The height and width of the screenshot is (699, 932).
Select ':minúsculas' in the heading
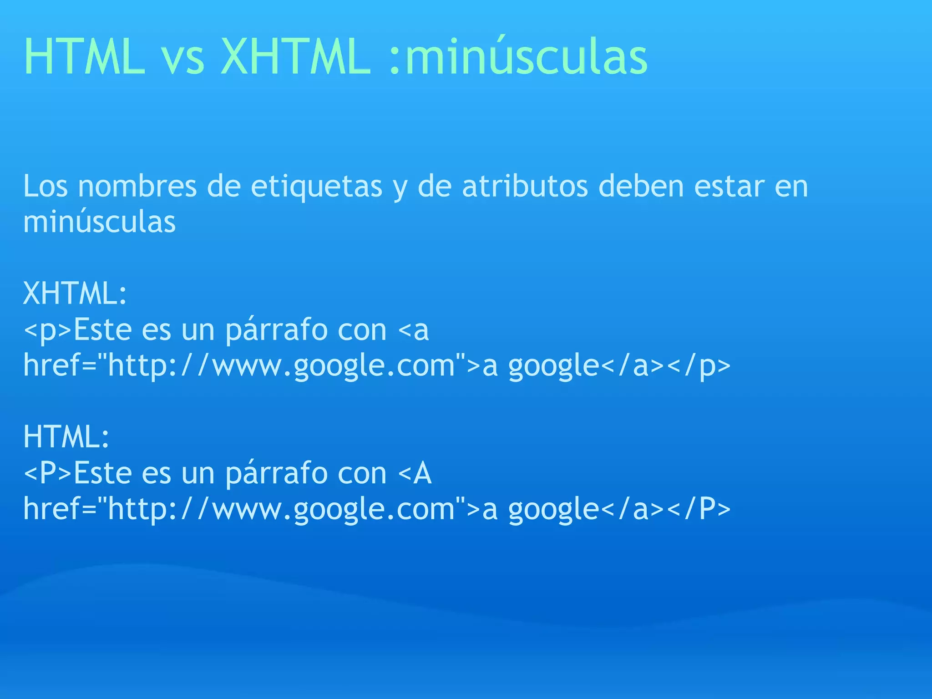click(518, 56)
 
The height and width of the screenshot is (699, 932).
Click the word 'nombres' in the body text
click(137, 186)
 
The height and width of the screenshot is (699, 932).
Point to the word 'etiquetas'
click(316, 186)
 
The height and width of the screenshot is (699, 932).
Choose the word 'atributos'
click(525, 186)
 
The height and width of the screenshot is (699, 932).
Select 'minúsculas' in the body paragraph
click(99, 222)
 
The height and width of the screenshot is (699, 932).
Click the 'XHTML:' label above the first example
click(75, 294)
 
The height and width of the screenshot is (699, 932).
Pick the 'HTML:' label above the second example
click(66, 436)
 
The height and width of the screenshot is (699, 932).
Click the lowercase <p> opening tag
click(48, 330)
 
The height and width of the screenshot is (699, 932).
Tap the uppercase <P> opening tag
click(48, 473)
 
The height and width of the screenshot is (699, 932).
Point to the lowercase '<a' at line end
click(413, 330)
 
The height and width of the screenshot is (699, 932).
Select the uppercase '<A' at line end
click(414, 473)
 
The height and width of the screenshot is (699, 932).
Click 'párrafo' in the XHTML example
click(276, 330)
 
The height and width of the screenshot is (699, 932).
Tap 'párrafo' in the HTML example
click(276, 473)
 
